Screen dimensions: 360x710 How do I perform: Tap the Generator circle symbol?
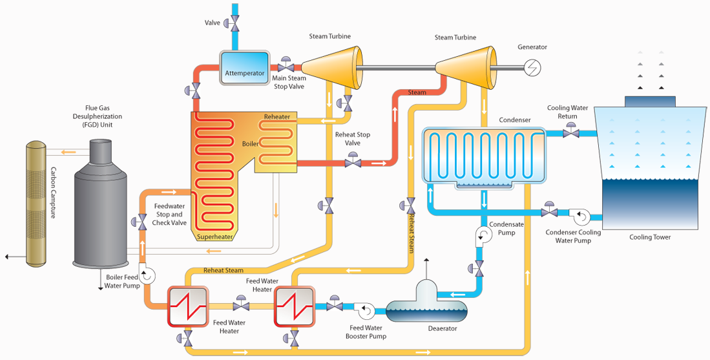(533, 67)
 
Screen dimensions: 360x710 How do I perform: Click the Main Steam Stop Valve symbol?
(286, 67)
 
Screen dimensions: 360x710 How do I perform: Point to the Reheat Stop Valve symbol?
(353, 162)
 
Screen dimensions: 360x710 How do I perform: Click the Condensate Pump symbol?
(484, 235)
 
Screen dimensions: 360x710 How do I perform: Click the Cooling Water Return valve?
(570, 132)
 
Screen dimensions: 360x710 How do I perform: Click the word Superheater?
(214, 237)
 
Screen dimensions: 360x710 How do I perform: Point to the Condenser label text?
(515, 120)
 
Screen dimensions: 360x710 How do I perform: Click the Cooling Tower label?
(650, 237)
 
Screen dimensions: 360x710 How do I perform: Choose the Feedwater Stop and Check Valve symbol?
(141, 222)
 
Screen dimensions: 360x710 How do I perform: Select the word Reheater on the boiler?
(277, 117)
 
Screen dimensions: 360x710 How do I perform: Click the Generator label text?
(532, 47)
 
